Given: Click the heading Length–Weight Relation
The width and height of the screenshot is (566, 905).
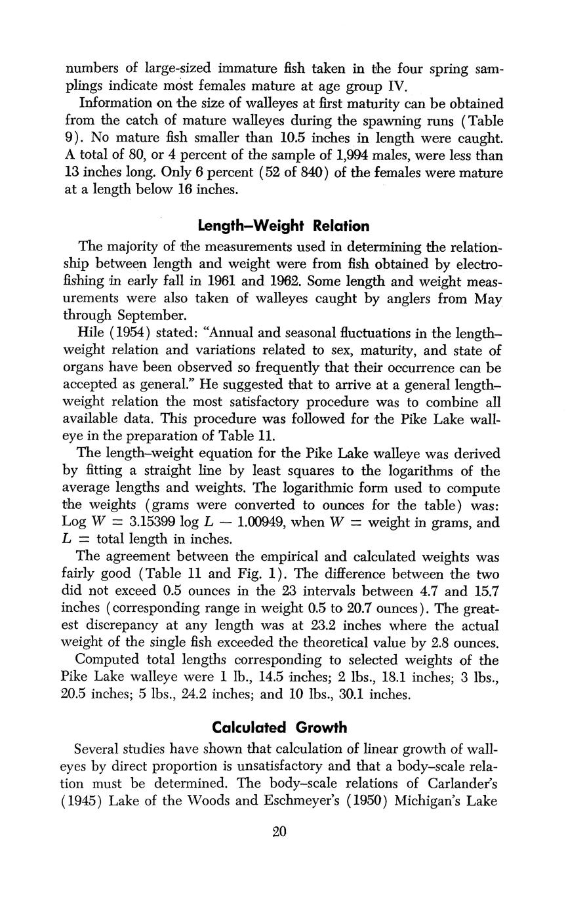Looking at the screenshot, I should (283, 226).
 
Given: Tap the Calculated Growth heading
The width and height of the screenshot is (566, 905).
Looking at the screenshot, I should (279, 727).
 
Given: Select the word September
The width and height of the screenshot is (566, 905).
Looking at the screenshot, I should (147, 316).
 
